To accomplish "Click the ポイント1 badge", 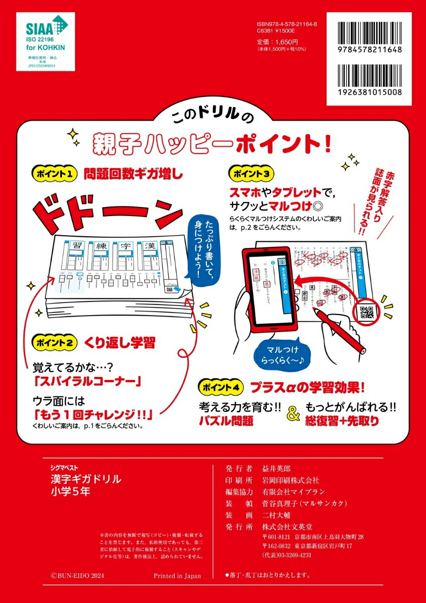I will [55, 174].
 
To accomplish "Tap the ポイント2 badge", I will [55, 343].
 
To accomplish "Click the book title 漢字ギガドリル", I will [79, 479].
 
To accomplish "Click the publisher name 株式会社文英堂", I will [287, 527].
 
